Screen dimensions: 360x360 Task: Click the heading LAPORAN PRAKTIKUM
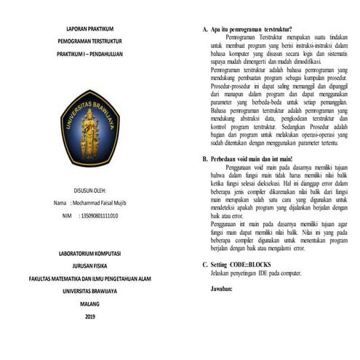89,29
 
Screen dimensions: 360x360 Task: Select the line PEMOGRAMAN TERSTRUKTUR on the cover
89,42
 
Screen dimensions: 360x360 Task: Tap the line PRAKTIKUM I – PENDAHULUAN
89,55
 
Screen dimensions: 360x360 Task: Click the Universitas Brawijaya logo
89,127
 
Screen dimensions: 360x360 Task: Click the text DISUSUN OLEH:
89,191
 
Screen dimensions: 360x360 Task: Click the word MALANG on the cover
89,304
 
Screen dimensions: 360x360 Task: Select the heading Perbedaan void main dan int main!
251,158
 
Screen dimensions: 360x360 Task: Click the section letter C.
204,265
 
